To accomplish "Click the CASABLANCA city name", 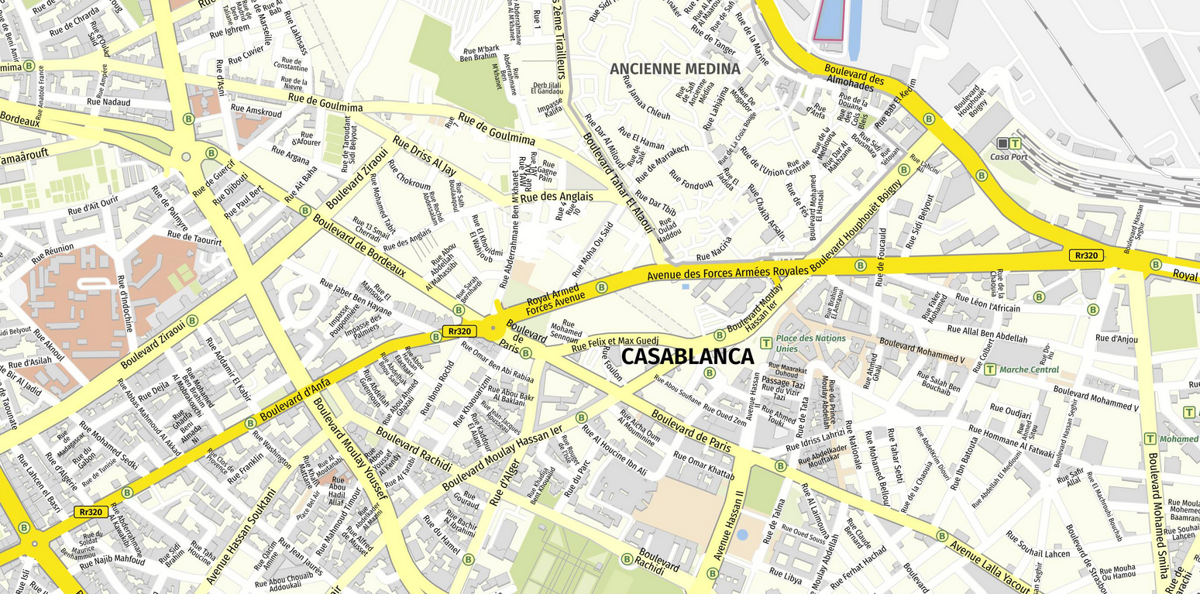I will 687,356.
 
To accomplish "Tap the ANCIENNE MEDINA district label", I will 675,69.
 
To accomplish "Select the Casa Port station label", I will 1009,156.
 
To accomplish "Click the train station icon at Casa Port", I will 1002,143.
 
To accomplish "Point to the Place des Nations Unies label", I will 811,343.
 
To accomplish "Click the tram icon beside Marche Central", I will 990,369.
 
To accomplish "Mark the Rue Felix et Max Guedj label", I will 614,343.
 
